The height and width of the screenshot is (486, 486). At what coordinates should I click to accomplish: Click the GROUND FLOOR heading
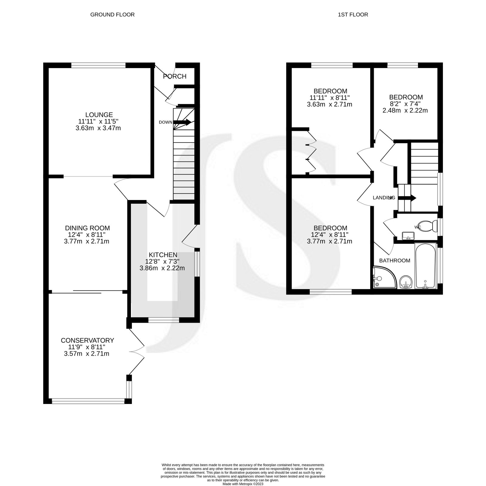click(x=112, y=15)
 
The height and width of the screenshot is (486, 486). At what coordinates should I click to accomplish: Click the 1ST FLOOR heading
click(x=353, y=15)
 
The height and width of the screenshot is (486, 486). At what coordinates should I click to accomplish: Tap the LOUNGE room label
click(x=99, y=115)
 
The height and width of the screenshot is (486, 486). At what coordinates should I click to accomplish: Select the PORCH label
click(x=175, y=76)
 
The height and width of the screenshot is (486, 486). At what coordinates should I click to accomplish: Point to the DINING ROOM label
click(x=87, y=228)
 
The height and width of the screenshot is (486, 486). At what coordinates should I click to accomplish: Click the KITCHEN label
click(x=163, y=255)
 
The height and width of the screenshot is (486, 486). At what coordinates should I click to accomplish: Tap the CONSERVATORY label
click(x=87, y=340)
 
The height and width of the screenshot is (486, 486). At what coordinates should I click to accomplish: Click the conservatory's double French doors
click(x=137, y=352)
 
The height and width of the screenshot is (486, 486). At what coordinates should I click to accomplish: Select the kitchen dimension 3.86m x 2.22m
click(x=162, y=268)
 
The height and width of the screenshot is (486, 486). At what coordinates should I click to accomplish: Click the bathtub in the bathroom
click(x=426, y=266)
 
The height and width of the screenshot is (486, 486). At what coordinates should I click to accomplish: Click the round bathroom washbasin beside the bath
click(x=406, y=282)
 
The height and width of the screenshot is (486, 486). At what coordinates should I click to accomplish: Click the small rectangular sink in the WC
click(x=408, y=235)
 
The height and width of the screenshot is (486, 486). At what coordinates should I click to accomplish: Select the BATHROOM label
click(x=395, y=260)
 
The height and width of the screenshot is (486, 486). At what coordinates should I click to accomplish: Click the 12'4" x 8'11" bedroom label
click(x=330, y=228)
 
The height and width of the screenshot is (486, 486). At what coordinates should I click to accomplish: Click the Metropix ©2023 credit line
click(x=243, y=484)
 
